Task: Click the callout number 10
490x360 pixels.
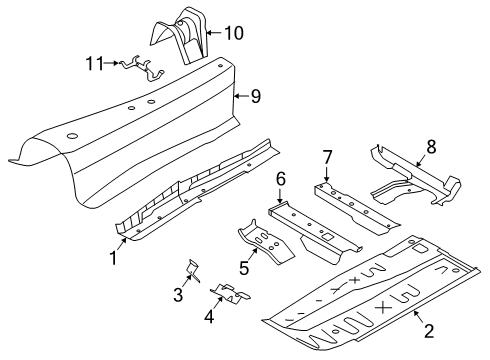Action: point(234,33)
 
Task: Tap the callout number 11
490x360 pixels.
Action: point(95,63)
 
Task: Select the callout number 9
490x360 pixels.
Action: point(256,96)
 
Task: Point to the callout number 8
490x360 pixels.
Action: point(431,147)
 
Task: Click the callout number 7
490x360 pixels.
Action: point(327,157)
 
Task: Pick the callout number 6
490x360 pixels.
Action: point(281,179)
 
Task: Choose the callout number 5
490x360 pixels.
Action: point(244,268)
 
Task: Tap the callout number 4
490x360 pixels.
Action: point(209,316)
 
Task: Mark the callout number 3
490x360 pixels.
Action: point(178,294)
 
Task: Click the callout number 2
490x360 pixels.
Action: point(429,331)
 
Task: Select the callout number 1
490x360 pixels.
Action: point(114,258)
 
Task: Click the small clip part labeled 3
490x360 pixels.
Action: point(193,270)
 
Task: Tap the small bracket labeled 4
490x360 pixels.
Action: point(230,294)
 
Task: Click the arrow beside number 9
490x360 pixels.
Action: point(241,96)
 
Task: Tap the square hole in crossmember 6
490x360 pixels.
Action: point(328,236)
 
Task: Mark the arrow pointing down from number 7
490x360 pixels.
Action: point(326,174)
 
